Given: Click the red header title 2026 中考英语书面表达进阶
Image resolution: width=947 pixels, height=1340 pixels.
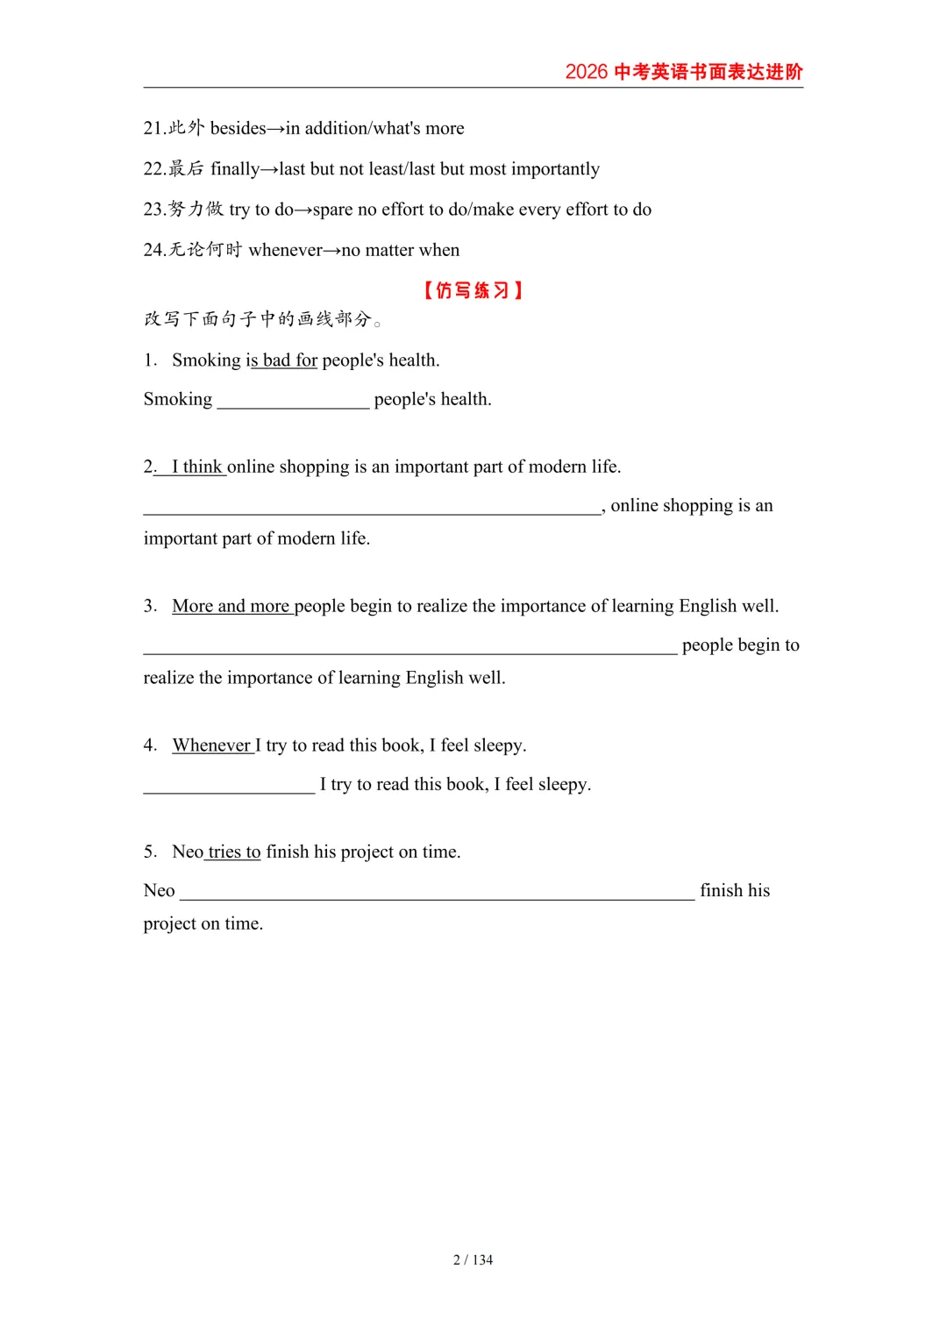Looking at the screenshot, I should pos(683,72).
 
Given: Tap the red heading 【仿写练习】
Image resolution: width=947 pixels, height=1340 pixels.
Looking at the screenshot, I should pos(473,290).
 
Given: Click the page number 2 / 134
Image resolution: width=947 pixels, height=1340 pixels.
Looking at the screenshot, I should pos(473,1260).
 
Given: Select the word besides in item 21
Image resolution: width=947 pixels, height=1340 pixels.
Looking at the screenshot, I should pos(238,128).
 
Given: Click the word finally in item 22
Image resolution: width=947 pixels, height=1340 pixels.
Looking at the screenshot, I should pos(235,168).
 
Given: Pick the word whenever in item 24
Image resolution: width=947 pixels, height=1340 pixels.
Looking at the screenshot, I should pos(285,250).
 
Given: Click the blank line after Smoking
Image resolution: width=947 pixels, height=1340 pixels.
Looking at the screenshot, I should pos(293,401).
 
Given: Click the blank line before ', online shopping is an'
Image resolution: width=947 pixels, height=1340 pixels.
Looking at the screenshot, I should pos(372,507).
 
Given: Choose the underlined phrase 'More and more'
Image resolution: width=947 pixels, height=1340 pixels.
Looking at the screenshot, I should pos(231,606).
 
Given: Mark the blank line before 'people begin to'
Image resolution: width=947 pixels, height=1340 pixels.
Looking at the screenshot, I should pos(409,646).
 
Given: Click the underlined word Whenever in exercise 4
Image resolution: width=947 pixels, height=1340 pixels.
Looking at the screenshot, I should pos(212,745).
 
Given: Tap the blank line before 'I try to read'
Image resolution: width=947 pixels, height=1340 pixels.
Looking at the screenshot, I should pos(229,786).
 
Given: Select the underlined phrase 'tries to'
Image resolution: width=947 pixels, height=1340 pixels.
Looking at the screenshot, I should pos(234,852).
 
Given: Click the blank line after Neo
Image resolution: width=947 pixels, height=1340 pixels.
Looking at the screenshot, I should pos(437,892).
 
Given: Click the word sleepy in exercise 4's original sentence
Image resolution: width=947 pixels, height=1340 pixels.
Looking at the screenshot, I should pos(498,745).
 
